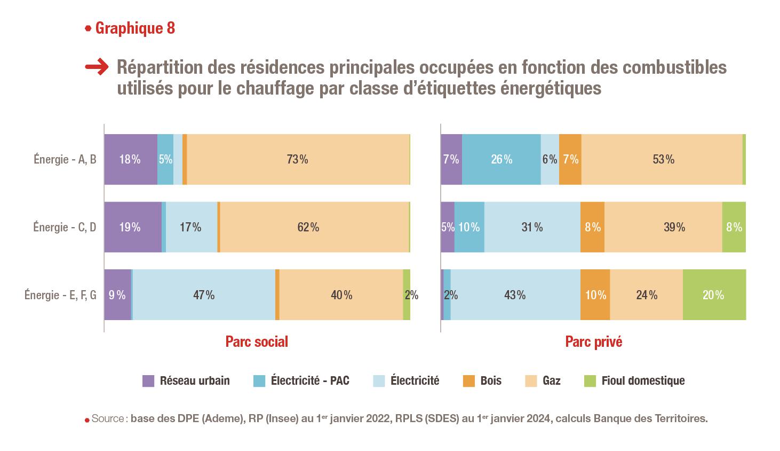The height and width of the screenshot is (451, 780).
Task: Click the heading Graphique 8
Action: [134, 28]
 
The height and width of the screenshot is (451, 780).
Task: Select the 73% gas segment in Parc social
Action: [298, 159]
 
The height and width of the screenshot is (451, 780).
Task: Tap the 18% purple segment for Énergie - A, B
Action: [130, 159]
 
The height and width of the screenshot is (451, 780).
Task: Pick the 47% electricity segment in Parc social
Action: [204, 295]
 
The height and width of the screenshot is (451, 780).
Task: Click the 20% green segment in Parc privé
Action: [714, 295]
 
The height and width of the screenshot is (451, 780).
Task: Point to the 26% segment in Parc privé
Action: [501, 159]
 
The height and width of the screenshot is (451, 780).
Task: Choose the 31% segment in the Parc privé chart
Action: [532, 227]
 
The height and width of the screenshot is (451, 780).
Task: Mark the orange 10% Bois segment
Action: [595, 295]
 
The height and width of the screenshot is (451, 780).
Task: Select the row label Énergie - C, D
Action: [65, 227]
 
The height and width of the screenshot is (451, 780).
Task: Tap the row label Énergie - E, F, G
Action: [60, 295]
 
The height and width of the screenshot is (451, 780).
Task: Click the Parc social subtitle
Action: [257, 342]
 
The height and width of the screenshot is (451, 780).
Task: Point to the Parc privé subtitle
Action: [593, 342]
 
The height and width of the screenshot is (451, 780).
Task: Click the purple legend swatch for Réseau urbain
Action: [148, 381]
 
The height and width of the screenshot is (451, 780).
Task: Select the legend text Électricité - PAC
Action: [310, 381]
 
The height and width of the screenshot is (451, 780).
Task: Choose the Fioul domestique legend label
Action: [643, 381]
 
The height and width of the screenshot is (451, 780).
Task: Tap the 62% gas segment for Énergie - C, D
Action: [308, 227]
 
